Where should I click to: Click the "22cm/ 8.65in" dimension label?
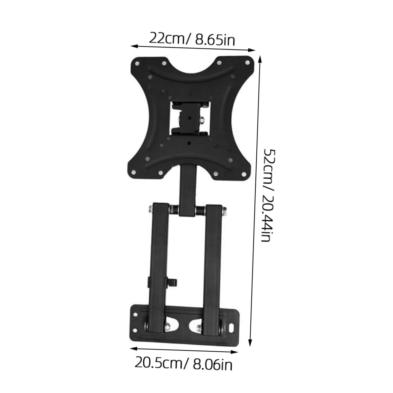192,39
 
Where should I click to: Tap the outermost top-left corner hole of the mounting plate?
137,63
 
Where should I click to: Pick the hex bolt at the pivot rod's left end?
150,208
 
